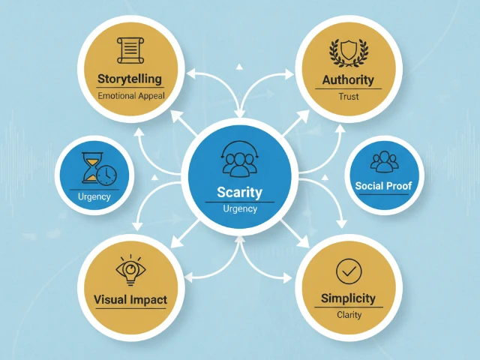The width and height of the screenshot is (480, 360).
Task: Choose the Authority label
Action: pos(347,79)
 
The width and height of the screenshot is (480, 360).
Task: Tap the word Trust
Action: pos(348,97)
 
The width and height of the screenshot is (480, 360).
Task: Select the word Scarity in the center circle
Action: pos(240,192)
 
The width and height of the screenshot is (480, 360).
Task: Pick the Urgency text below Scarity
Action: pos(240,208)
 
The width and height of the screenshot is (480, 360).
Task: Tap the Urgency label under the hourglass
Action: pos(94,197)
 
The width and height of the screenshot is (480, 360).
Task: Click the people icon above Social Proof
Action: pos(385,160)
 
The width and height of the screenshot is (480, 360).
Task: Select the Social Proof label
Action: pos(384,185)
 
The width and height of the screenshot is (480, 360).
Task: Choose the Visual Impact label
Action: pos(130,300)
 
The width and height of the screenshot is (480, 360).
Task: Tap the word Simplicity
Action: pos(349,298)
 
